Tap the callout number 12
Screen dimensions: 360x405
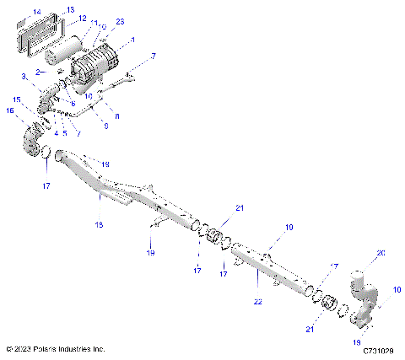point(82,18)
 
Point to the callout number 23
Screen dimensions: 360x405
point(120,21)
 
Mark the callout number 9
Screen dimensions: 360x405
point(105,126)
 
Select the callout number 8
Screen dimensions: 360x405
point(116,114)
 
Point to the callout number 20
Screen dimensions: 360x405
point(380,252)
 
